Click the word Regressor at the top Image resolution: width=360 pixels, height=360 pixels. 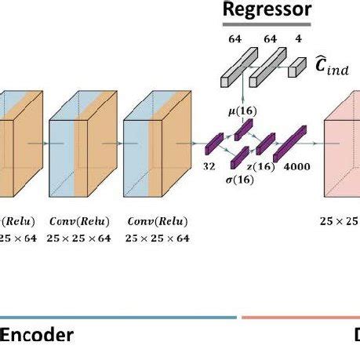[x=267, y=10]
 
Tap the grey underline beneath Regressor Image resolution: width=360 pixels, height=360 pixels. [x=267, y=24]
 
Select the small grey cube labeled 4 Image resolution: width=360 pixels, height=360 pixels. [x=296, y=69]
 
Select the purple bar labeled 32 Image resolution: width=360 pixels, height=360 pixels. [x=213, y=144]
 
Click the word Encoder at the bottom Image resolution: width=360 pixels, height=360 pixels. [x=37, y=336]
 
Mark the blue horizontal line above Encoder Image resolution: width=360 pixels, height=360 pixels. [x=118, y=318]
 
